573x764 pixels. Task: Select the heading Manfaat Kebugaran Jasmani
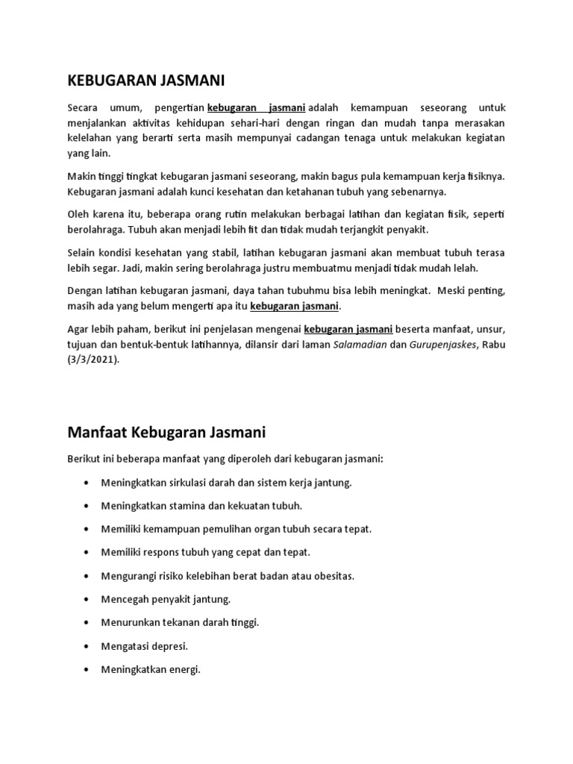pyautogui.click(x=166, y=432)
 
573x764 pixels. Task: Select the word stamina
pyautogui.click(x=185, y=506)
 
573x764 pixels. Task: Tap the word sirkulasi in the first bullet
pyautogui.click(x=187, y=483)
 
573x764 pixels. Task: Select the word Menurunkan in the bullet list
pyautogui.click(x=128, y=622)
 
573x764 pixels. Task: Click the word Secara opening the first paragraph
pyautogui.click(x=83, y=107)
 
